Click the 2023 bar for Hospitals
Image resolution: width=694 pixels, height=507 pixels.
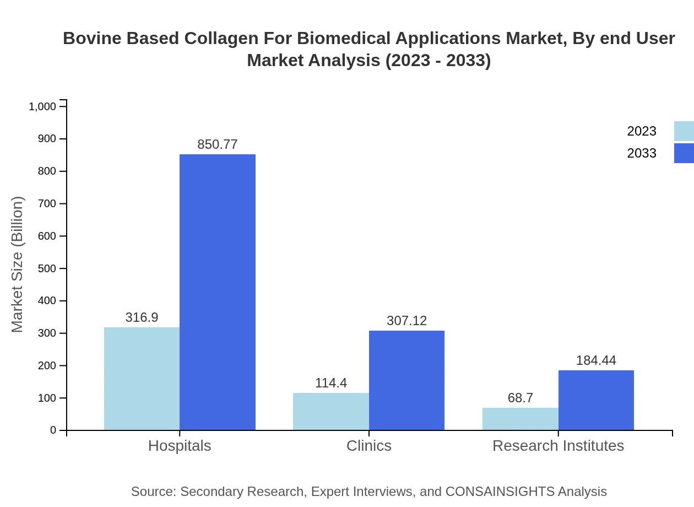click(x=142, y=379)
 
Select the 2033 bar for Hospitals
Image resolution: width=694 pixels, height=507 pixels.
click(x=218, y=292)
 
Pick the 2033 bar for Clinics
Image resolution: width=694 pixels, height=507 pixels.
click(x=406, y=380)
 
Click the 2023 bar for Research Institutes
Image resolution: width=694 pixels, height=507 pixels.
click(x=520, y=419)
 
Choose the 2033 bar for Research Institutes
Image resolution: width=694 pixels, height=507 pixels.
click(x=596, y=400)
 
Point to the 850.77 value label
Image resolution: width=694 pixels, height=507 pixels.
click(x=218, y=144)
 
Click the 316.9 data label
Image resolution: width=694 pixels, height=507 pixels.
click(x=142, y=317)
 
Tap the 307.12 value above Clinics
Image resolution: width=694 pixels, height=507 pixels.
click(x=406, y=321)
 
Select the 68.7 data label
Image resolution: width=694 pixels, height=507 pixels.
click(x=520, y=398)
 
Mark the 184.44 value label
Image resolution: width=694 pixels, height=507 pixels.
click(x=596, y=360)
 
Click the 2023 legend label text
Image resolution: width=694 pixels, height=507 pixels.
click(x=642, y=131)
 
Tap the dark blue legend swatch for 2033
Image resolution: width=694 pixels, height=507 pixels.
click(x=684, y=153)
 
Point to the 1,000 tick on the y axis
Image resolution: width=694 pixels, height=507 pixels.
click(x=42, y=106)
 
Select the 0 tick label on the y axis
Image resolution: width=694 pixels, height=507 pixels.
click(x=53, y=430)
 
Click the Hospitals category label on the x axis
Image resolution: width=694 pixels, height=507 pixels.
click(x=180, y=446)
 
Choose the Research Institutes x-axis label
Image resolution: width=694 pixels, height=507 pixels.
click(x=558, y=446)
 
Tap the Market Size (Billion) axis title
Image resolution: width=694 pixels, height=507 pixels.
click(x=18, y=265)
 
